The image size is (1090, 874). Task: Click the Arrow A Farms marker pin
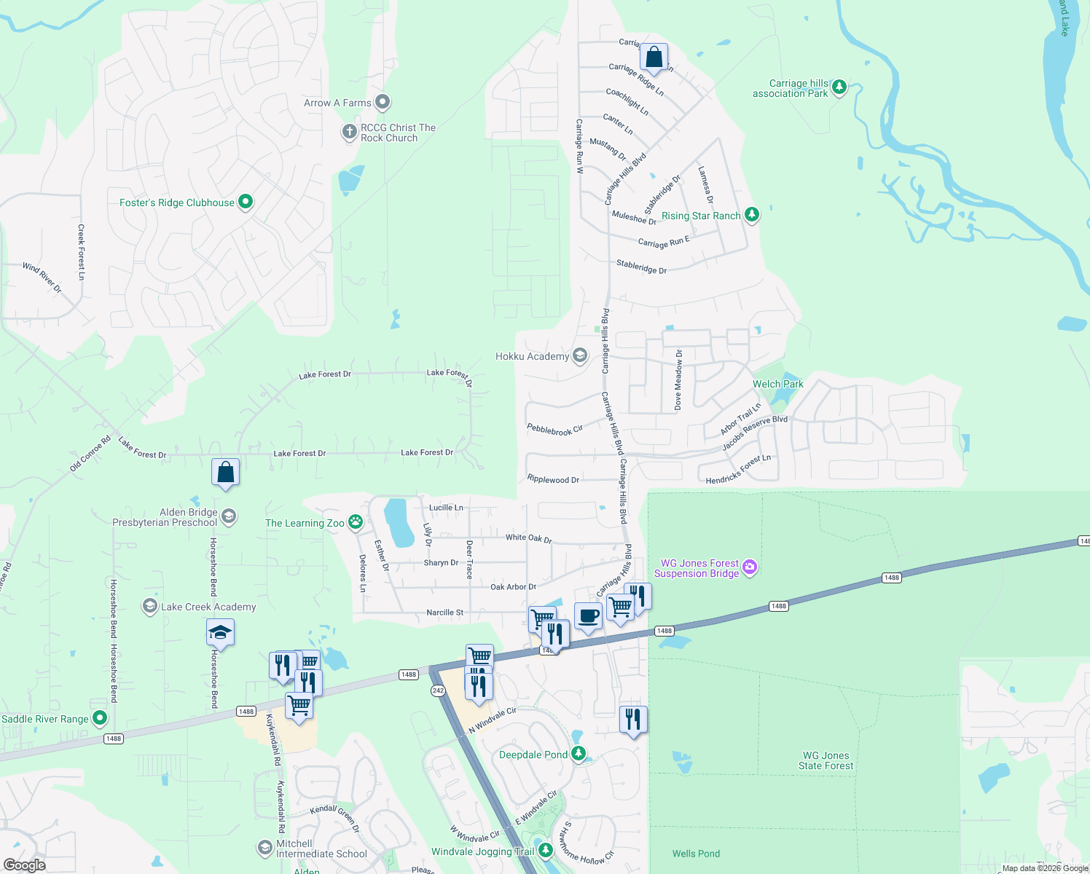pos(383,103)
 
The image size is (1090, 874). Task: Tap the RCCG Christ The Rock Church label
pos(398,133)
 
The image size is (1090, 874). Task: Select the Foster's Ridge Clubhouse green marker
pos(246,202)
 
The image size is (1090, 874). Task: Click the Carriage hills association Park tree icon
pos(839,87)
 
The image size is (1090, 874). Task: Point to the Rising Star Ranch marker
pos(752,215)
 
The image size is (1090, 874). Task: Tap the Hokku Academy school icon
pos(580,355)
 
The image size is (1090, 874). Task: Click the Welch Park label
pos(777,384)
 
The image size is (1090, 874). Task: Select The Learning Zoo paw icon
pos(356,521)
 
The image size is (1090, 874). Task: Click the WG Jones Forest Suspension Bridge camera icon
pos(750,567)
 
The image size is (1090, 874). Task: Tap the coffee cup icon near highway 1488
pos(588,616)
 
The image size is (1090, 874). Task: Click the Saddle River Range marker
pos(100,719)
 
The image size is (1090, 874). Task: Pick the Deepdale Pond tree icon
pos(579,754)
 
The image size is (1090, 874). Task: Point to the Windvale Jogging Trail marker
pos(545,850)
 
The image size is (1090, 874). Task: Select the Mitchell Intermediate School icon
pos(264,848)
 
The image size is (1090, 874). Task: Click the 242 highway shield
pos(438,690)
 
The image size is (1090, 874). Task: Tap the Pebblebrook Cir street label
pos(554,430)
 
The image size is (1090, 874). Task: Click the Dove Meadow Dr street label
pos(678,379)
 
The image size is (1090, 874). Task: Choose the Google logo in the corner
pos(24,865)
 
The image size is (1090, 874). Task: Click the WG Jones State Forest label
pos(826,760)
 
